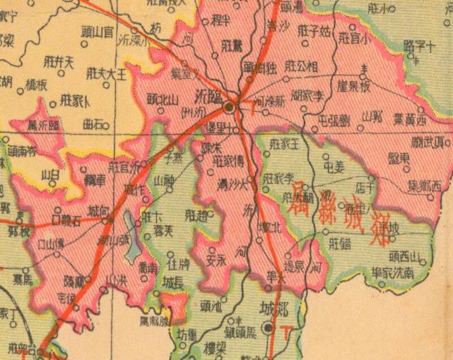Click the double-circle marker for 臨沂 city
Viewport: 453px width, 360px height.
(229, 106)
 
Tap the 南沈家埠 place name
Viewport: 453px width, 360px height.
(401, 272)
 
